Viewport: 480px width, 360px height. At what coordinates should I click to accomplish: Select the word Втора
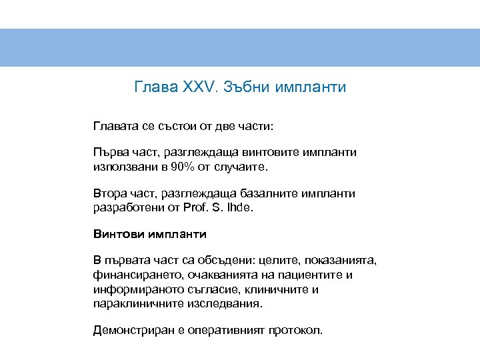pyautogui.click(x=110, y=193)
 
